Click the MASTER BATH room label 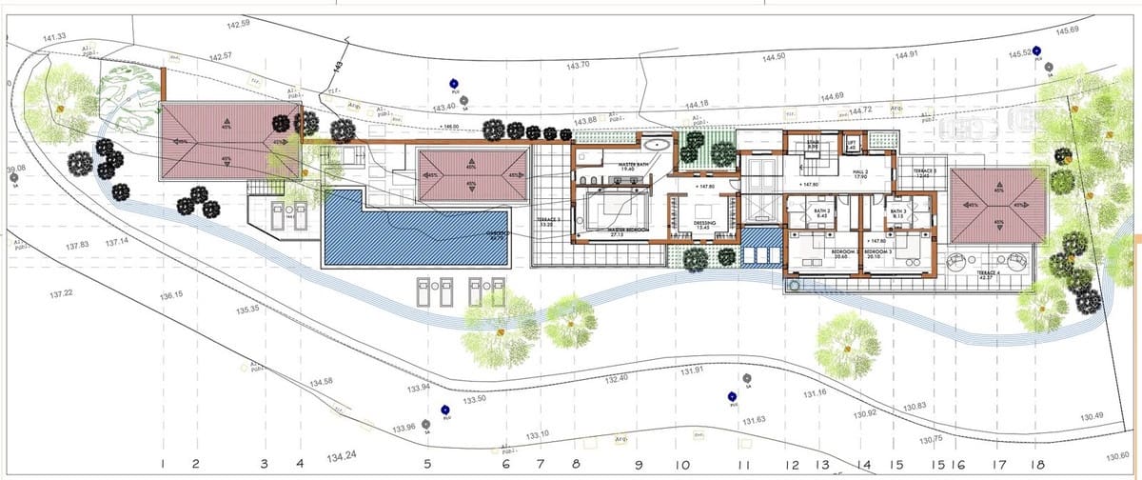(x=633, y=166)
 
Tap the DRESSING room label (x=705, y=225)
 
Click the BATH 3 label (x=897, y=212)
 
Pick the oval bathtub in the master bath (x=656, y=145)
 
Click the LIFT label (x=852, y=144)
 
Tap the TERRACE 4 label (x=991, y=273)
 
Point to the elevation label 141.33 (x=54, y=37)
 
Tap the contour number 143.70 (x=579, y=65)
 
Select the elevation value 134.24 (x=341, y=456)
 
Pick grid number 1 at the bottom (x=165, y=464)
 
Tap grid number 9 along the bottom (x=638, y=466)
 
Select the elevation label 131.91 (x=692, y=370)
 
